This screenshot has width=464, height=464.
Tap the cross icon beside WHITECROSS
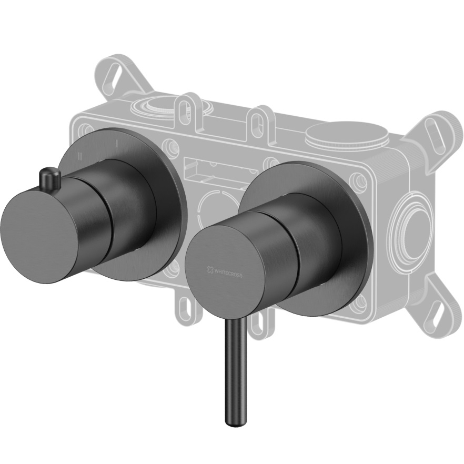pyautogui.click(x=210, y=269)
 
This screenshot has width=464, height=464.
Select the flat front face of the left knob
pyautogui.click(x=39, y=237)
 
